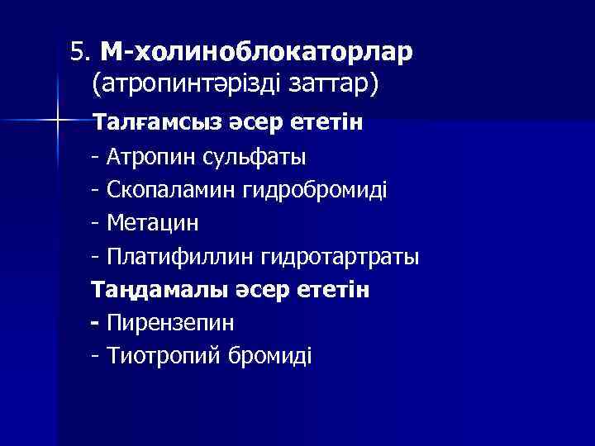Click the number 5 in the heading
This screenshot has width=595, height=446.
pos(77,53)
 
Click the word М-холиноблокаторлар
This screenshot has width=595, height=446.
pos(256,53)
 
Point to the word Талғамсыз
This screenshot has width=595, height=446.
pos(157,124)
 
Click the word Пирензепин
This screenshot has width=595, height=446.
pos(171,323)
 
